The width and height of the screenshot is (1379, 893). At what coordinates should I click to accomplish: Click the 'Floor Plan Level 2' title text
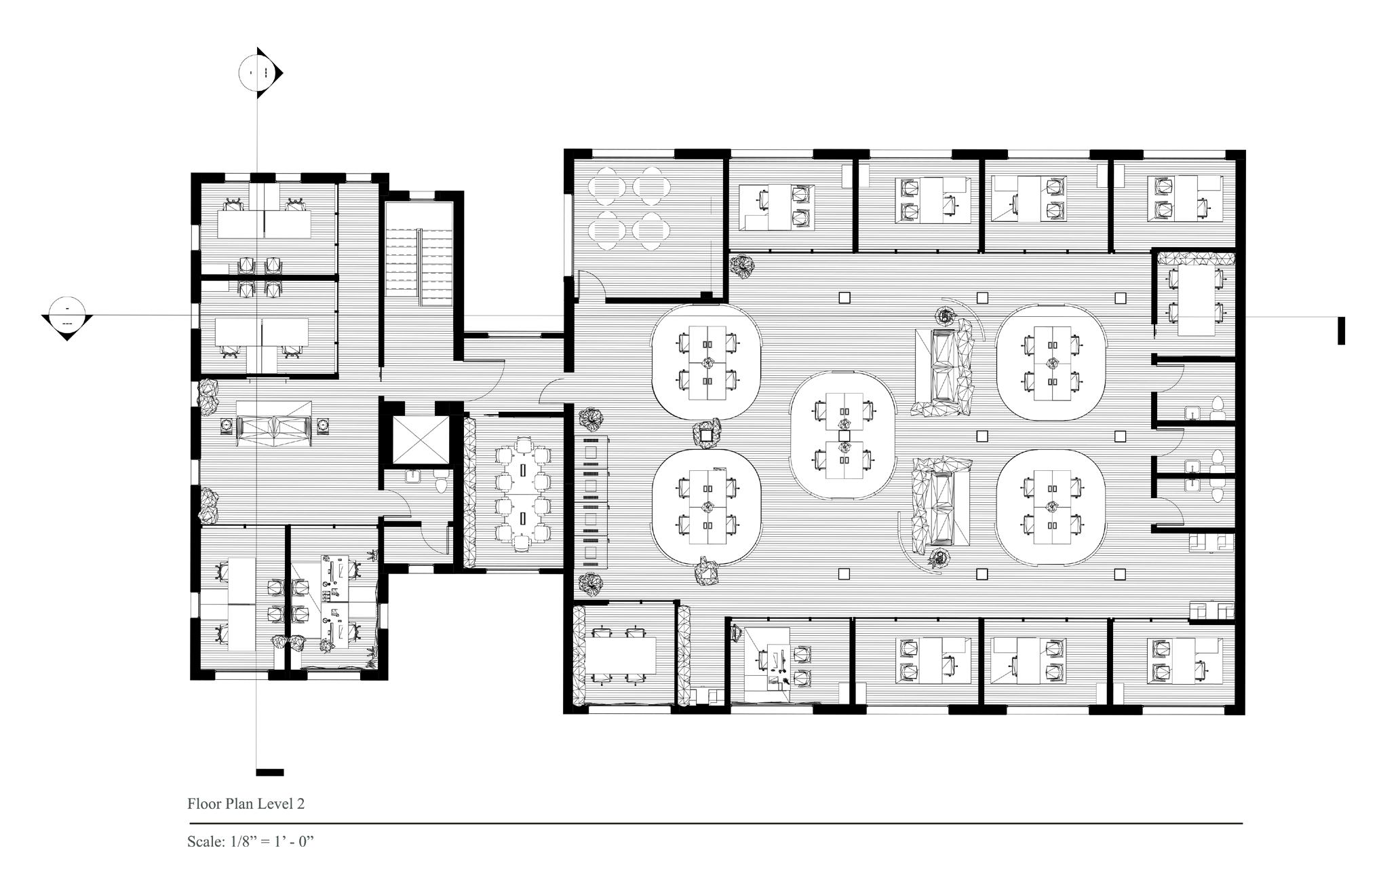click(x=246, y=804)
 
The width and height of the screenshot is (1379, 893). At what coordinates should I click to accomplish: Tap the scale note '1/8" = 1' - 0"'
click(x=269, y=842)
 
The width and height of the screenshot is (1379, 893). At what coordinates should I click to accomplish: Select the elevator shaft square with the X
click(x=421, y=439)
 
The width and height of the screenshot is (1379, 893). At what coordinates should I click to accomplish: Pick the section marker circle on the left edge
click(x=66, y=316)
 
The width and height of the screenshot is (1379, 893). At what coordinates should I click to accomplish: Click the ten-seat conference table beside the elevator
click(x=523, y=493)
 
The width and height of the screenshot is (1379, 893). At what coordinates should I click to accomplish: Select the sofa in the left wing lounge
click(x=274, y=424)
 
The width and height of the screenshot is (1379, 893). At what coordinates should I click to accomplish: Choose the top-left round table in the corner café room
click(x=602, y=187)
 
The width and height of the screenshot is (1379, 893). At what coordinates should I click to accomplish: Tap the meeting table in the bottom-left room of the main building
click(x=622, y=656)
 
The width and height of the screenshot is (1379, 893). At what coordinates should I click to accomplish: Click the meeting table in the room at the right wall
click(x=1196, y=299)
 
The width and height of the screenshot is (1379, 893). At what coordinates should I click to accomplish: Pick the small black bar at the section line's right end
click(x=1340, y=331)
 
